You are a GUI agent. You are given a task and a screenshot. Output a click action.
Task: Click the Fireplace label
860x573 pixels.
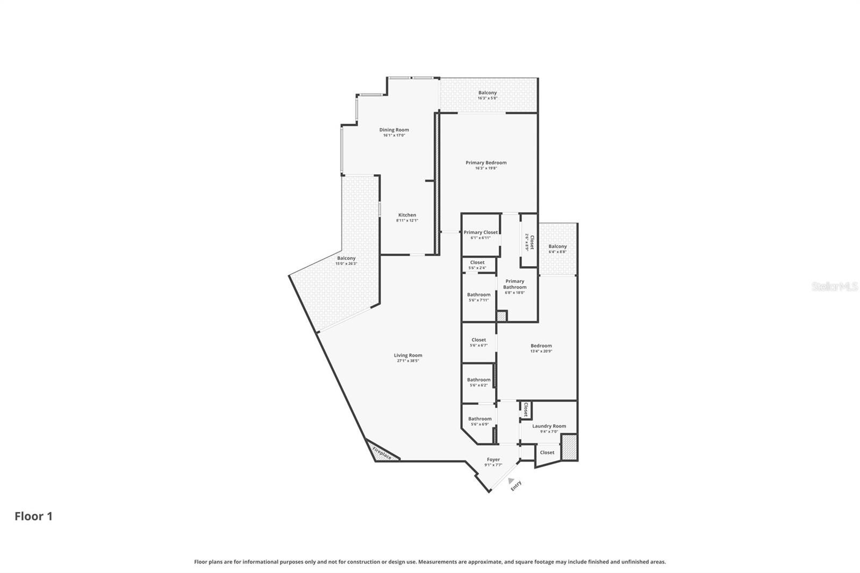coord(382,453)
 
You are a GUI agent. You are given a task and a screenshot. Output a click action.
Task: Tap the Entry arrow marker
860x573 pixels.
coord(511,481)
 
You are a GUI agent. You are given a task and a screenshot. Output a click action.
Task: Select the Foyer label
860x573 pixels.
coord(493,460)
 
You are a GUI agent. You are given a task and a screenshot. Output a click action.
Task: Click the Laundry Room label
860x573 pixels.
coord(549,426)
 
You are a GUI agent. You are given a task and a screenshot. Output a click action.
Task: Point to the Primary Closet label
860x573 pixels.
coord(481,232)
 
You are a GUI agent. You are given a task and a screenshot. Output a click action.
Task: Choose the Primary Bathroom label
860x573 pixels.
coord(514,284)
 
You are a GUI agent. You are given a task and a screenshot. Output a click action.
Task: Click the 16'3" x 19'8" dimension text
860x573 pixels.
coord(486,168)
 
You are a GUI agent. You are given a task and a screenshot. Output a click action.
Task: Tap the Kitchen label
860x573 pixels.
coord(407,215)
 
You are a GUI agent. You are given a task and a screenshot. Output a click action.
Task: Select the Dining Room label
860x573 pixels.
coord(394,130)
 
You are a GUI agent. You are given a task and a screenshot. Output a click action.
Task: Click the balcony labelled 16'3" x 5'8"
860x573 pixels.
coord(488,95)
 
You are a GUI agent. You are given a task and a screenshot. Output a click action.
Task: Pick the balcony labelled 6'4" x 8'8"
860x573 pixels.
coord(557,248)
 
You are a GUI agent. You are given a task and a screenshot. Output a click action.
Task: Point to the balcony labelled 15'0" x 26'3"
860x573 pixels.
coord(346,261)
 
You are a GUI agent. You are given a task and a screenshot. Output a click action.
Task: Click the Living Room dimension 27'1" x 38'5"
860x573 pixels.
coord(408,361)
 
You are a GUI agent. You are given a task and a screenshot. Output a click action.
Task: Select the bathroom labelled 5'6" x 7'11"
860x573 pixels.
coord(478,297)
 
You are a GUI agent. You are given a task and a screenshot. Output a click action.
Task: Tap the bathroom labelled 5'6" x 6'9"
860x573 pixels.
coord(479,421)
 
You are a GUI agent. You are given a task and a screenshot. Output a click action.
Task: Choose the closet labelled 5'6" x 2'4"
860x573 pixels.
coord(477,264)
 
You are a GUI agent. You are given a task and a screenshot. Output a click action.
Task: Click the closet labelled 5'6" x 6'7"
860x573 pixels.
coord(478,342)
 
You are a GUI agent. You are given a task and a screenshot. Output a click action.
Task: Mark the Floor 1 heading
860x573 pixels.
coord(33,516)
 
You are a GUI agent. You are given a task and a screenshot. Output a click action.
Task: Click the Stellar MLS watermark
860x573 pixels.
coord(834,287)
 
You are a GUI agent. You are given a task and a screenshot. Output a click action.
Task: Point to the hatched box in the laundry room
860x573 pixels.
coord(569,447)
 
